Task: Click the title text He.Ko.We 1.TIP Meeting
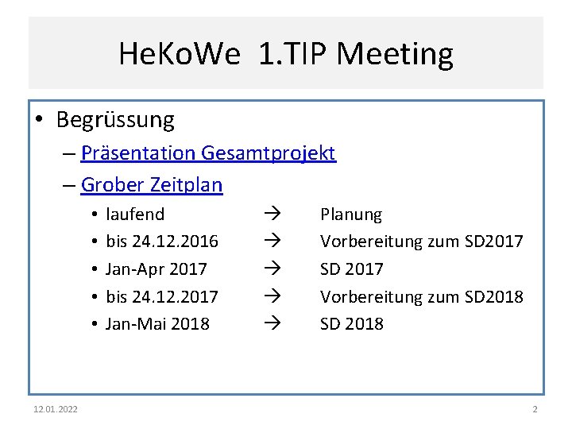(286, 54)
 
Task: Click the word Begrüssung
(115, 120)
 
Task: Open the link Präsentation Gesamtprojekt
(208, 153)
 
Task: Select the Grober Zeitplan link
(152, 185)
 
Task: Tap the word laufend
(135, 214)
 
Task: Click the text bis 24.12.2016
(162, 242)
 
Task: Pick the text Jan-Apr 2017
(156, 269)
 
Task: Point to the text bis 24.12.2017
(162, 296)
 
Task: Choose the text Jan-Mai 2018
(157, 324)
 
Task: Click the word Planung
(350, 214)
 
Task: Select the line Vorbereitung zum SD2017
(421, 242)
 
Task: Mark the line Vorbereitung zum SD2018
(421, 296)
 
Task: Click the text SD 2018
(351, 324)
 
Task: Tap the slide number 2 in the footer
(535, 409)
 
